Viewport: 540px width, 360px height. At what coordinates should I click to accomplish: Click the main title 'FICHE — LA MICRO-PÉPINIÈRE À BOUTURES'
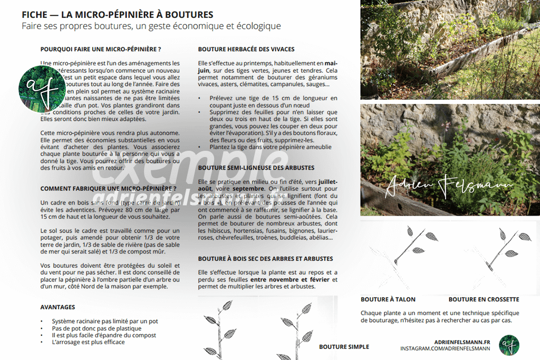[118, 14]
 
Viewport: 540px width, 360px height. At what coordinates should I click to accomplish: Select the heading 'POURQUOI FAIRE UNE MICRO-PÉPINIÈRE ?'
[101, 49]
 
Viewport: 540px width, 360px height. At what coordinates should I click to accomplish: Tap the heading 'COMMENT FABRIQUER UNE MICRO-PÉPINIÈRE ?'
[108, 188]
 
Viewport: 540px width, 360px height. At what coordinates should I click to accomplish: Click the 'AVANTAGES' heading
[57, 307]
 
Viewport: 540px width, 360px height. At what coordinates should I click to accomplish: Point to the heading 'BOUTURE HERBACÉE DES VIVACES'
[246, 49]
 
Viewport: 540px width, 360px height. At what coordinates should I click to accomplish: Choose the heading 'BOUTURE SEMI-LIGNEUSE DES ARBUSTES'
[256, 168]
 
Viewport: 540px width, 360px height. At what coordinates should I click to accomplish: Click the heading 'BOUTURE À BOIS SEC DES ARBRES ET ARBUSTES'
[265, 259]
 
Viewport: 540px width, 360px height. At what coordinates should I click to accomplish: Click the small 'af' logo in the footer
[509, 345]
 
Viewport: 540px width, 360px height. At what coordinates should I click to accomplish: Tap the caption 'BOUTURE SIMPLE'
[344, 347]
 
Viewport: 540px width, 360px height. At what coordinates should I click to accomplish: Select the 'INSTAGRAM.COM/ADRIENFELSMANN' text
[445, 349]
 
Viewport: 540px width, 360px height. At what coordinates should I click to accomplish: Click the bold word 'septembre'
[248, 188]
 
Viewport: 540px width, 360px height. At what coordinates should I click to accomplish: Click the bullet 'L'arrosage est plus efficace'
[88, 342]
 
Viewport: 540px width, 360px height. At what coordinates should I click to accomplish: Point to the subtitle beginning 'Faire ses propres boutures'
[151, 26]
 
